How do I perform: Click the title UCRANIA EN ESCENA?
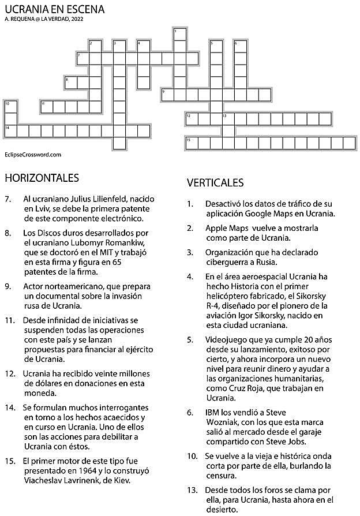[x=54, y=9]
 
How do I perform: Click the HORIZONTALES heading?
[x=41, y=177]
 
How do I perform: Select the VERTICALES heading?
[x=215, y=183]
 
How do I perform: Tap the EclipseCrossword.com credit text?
[x=33, y=155]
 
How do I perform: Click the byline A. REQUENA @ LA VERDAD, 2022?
[x=44, y=20]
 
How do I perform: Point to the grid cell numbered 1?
[x=179, y=33]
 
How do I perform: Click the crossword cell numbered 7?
[x=82, y=58]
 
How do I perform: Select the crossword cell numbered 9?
[x=167, y=95]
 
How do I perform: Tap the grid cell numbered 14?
[x=10, y=130]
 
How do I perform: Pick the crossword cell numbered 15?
[x=192, y=143]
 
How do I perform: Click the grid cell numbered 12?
[x=192, y=118]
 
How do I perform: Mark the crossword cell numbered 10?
[x=10, y=107]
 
